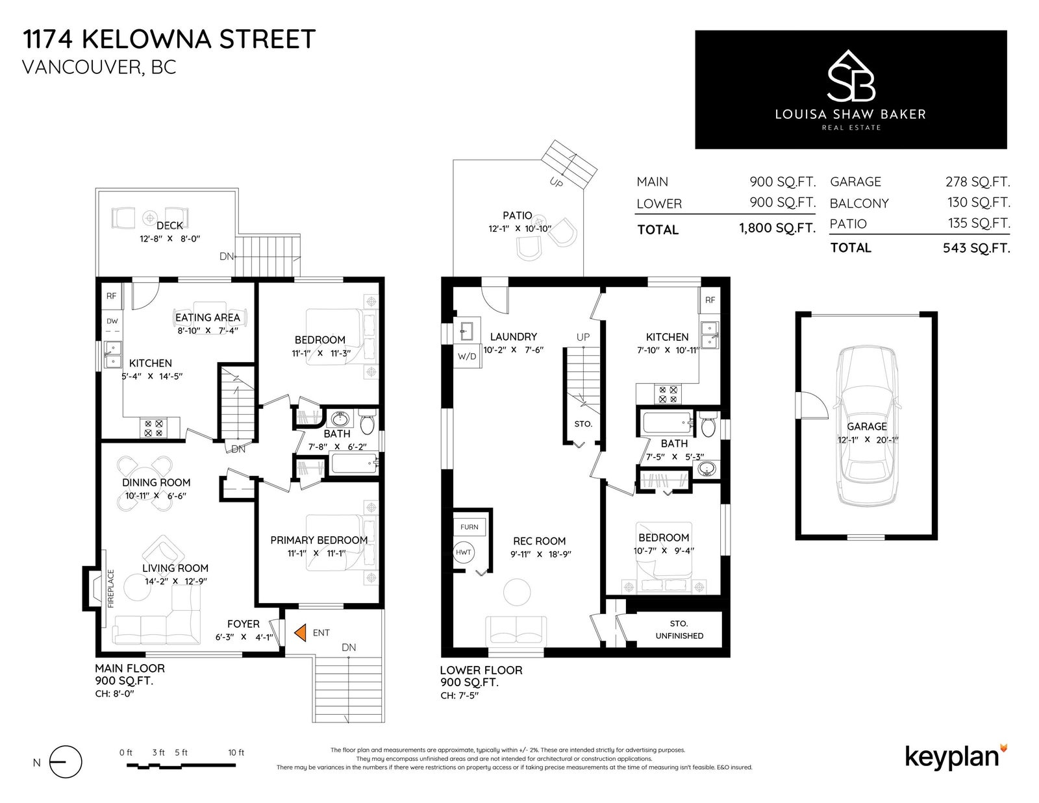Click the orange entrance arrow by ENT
(300, 632)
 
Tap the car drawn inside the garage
(866, 426)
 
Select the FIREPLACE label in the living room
(110, 588)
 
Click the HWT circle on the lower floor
(463, 552)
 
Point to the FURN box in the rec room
(469, 526)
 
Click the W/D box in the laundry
(467, 356)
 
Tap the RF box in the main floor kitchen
(112, 296)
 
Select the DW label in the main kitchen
(112, 321)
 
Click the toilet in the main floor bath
(366, 421)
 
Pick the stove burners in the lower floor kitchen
(668, 394)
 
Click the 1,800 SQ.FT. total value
(777, 228)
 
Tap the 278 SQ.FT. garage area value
(978, 182)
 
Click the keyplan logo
(957, 757)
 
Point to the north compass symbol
(66, 762)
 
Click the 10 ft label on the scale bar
(236, 752)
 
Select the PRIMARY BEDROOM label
(319, 540)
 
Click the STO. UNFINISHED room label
(679, 630)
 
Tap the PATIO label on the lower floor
(517, 216)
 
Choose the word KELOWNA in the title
(146, 39)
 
